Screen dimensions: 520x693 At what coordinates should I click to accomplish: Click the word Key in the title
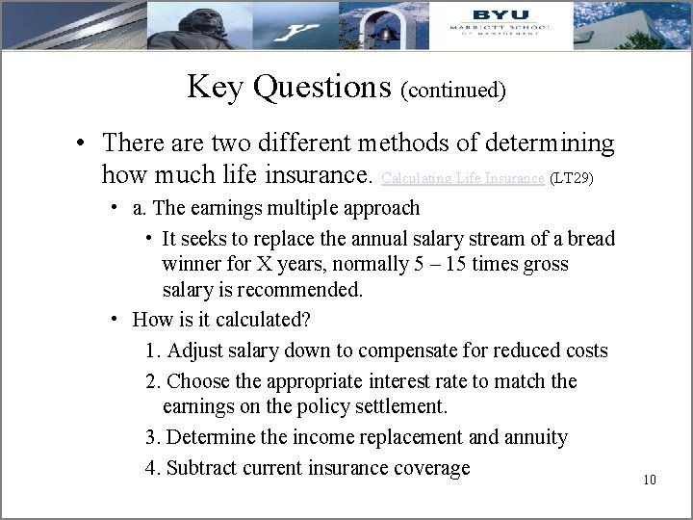click(x=215, y=87)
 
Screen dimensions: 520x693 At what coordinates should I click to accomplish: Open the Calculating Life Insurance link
click(x=463, y=178)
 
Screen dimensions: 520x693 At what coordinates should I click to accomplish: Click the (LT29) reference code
click(x=572, y=178)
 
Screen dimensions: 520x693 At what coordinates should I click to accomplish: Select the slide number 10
click(x=650, y=480)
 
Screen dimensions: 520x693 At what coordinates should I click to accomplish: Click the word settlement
click(x=401, y=407)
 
